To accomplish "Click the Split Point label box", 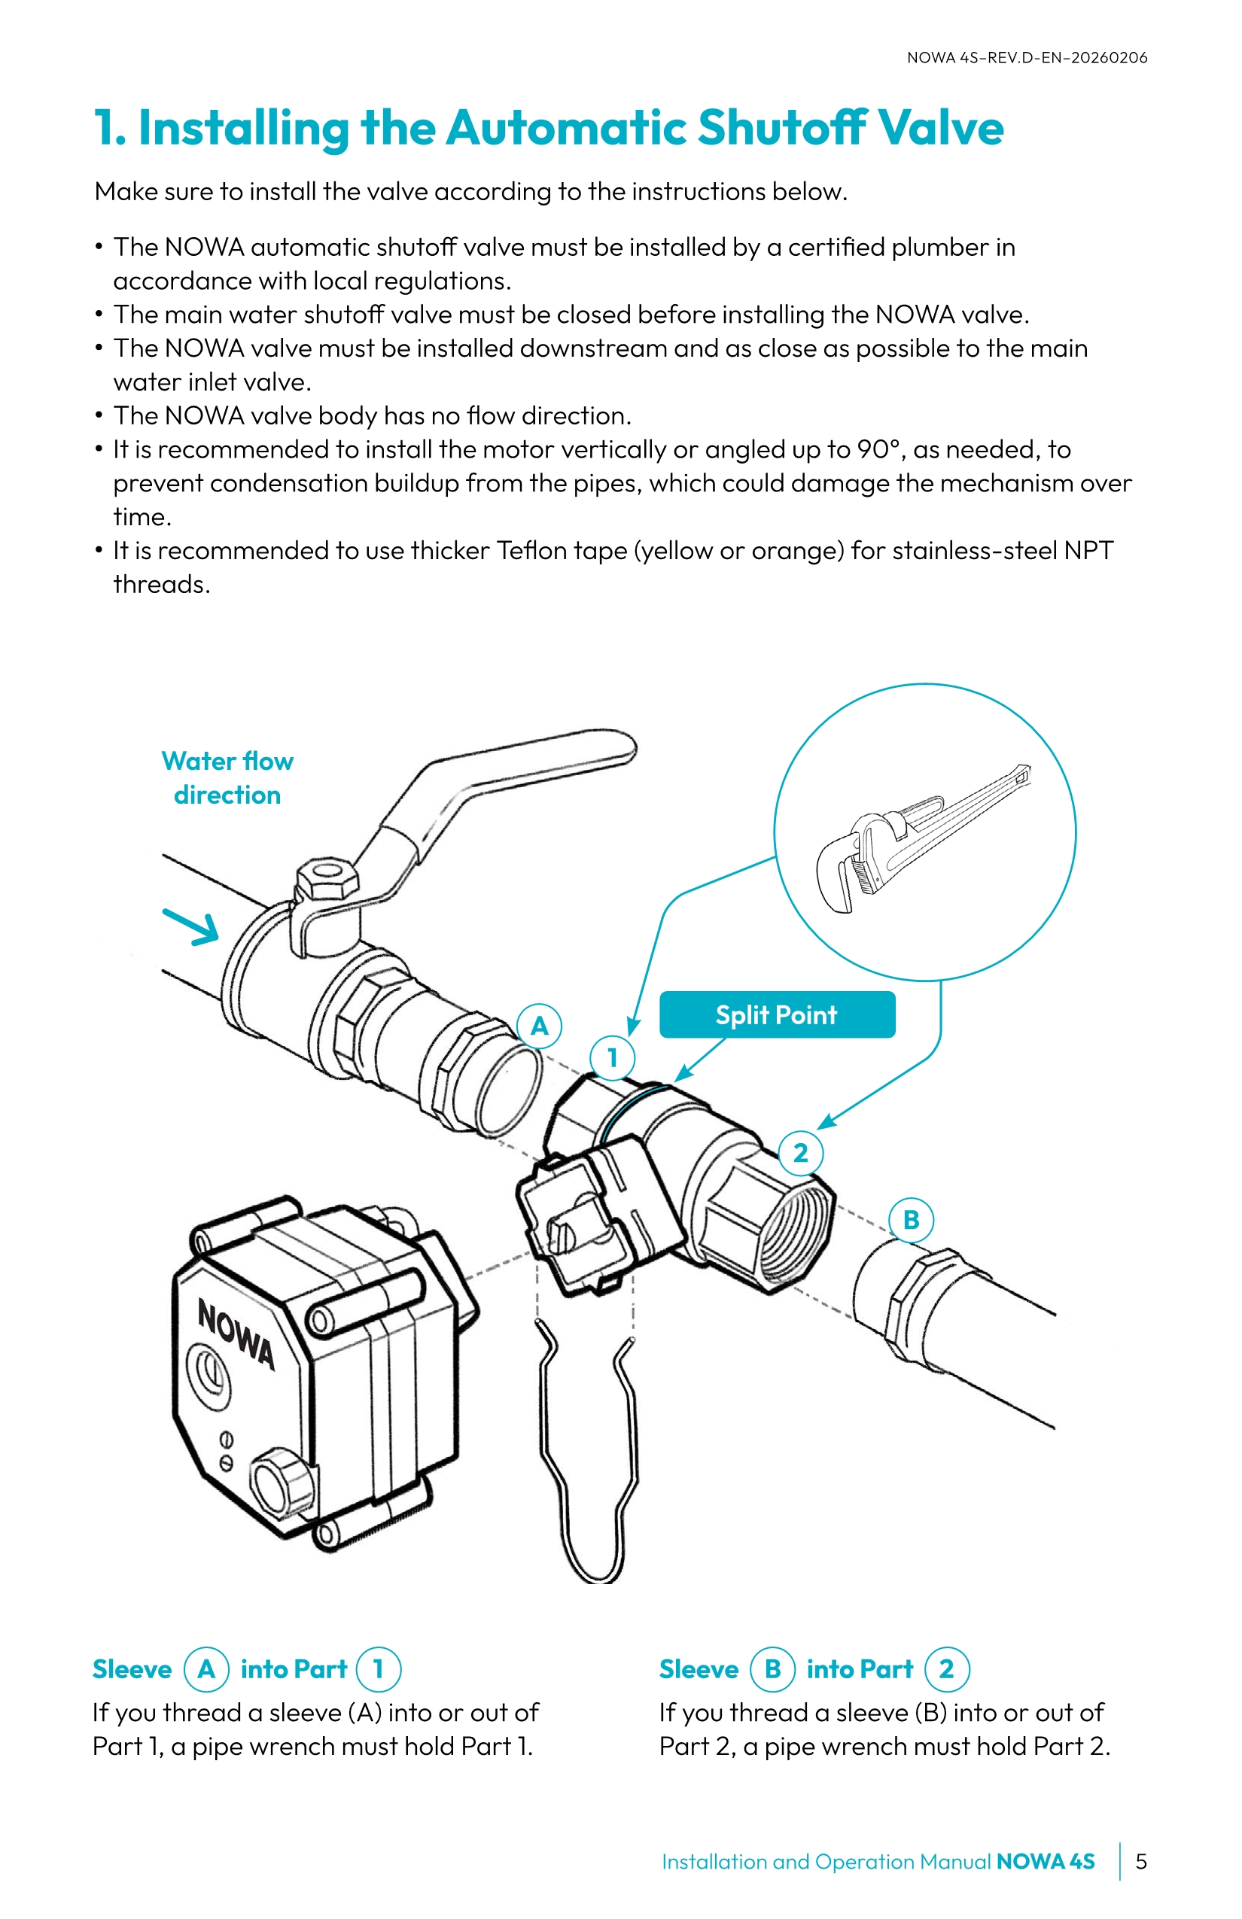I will (777, 1014).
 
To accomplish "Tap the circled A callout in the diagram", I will (539, 1026).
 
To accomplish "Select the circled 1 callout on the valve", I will (612, 1057).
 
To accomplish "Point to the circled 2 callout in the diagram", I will (800, 1153).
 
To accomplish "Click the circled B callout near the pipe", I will (912, 1220).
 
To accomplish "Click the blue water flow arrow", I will (192, 926).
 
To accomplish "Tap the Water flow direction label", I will (227, 778).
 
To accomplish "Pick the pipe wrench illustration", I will (919, 838).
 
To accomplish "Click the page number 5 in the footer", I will (1140, 1861).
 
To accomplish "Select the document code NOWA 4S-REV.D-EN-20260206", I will (1027, 57).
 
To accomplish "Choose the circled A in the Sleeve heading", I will (206, 1669).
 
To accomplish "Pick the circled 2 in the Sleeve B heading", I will (946, 1669).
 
